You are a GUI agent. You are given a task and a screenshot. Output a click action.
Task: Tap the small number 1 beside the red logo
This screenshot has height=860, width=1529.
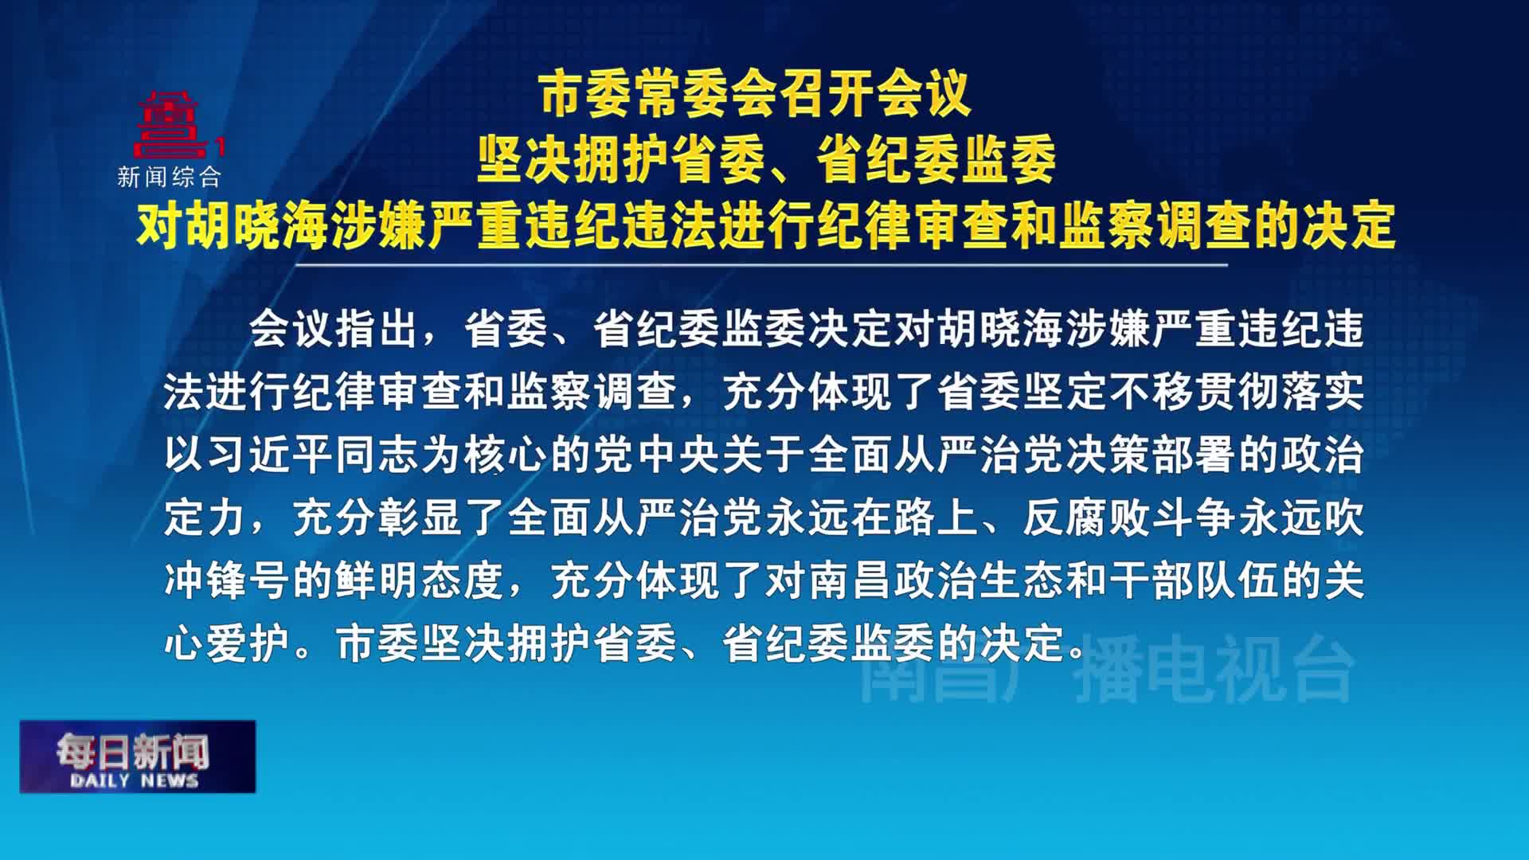tap(221, 147)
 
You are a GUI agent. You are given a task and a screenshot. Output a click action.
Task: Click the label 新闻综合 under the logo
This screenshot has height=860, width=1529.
tap(169, 177)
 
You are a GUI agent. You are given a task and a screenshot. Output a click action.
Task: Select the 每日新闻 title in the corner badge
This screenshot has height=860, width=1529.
tap(132, 750)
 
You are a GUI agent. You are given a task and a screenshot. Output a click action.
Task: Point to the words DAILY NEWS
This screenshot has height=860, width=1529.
tap(134, 781)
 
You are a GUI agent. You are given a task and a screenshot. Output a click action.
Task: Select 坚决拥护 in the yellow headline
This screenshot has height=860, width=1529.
tap(572, 159)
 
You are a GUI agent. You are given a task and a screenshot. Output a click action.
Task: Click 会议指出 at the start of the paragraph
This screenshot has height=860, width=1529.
tap(334, 328)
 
